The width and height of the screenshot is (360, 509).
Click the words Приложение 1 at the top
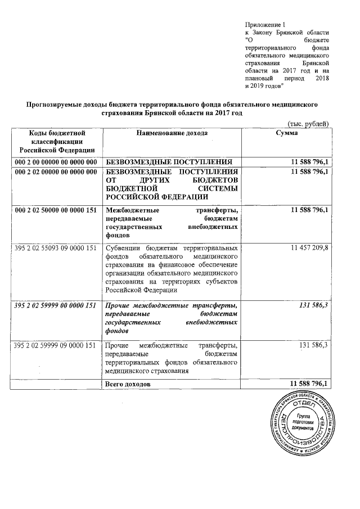[266, 24]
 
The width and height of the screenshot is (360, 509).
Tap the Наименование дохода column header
[172, 133]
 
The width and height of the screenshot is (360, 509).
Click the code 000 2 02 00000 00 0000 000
[56, 172]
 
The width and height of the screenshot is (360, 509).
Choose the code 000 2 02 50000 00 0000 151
[56, 210]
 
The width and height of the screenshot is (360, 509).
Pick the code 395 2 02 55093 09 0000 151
[56, 248]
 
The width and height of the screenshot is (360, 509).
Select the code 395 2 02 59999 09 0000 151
[56, 344]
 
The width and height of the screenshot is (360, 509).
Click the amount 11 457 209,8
[310, 248]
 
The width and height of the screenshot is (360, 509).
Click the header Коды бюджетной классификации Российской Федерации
[56, 142]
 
